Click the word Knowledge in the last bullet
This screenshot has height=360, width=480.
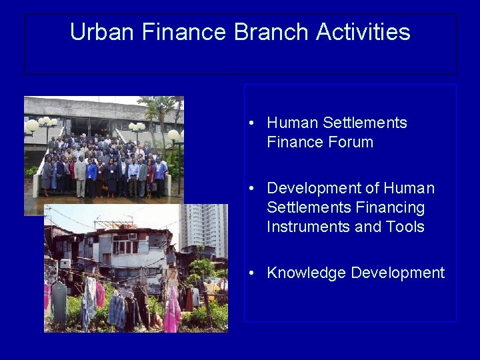[x=306, y=273]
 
